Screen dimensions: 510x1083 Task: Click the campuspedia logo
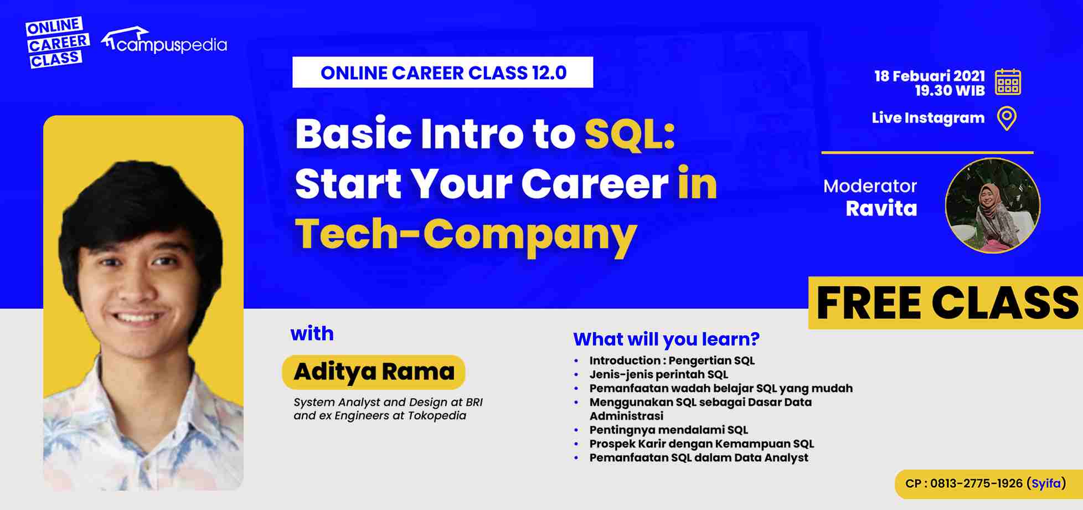[164, 42]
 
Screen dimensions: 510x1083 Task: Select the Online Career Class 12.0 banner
[442, 73]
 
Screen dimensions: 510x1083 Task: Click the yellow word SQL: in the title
[630, 135]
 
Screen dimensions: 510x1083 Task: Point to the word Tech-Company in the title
[466, 234]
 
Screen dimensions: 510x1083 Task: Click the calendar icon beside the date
[1008, 83]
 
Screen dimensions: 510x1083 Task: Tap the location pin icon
[1007, 119]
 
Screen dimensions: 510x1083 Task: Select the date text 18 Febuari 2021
[930, 76]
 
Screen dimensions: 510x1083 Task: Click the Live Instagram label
[928, 118]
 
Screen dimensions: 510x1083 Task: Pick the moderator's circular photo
[992, 206]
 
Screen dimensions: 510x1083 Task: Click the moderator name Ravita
[881, 209]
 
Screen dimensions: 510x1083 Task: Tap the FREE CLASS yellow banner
[946, 303]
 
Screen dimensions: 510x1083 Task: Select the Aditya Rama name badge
[374, 372]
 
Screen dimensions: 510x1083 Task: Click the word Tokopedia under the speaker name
[437, 416]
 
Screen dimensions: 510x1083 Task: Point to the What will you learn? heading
[666, 339]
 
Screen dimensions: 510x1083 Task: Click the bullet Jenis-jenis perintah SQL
[658, 374]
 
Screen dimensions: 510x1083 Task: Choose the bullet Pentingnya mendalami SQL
[668, 430]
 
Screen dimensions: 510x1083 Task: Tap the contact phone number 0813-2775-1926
[976, 483]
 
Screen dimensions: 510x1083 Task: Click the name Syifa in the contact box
[1046, 483]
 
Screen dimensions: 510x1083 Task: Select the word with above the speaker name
[312, 334]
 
